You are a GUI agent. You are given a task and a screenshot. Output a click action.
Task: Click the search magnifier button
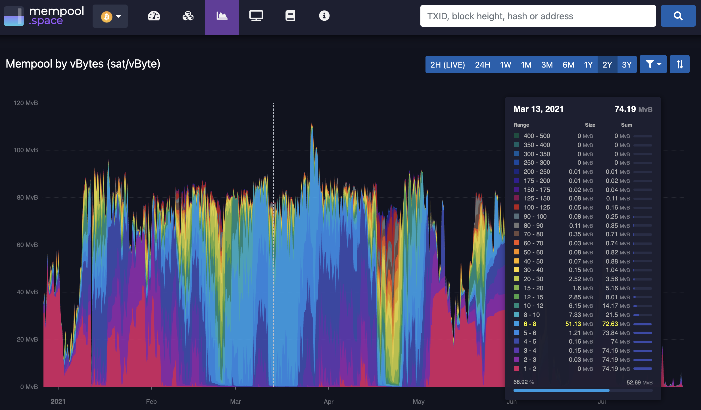[678, 16]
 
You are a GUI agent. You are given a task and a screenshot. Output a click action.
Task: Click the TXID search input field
[538, 16]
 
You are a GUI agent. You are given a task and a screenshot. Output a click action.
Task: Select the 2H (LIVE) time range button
[448, 65]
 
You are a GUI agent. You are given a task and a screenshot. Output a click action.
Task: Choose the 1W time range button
[505, 65]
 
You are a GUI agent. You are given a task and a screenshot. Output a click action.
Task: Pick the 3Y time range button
[627, 65]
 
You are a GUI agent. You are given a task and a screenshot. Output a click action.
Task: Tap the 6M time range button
[568, 65]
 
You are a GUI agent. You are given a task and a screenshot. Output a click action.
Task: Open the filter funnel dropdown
[653, 64]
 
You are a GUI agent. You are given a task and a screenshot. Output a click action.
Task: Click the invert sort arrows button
[679, 64]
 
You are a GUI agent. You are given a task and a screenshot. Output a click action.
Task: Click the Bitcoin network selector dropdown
[110, 16]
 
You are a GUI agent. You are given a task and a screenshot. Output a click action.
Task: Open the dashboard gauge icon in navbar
[154, 16]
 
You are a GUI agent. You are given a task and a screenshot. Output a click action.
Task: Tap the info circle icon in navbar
[324, 16]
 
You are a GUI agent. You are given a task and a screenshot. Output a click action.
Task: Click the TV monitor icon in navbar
[256, 16]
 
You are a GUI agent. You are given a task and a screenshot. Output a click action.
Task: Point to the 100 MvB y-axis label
[26, 150]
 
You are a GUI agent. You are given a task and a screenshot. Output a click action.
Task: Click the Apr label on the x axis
[329, 401]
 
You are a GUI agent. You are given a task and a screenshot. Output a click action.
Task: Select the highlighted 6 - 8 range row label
[530, 324]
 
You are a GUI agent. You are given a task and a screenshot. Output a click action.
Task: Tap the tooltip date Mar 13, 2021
[539, 109]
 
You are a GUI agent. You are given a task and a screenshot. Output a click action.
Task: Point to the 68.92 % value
[523, 382]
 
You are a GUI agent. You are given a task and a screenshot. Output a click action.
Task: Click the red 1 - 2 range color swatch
[517, 369]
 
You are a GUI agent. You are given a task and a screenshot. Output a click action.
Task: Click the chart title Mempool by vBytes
[83, 64]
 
